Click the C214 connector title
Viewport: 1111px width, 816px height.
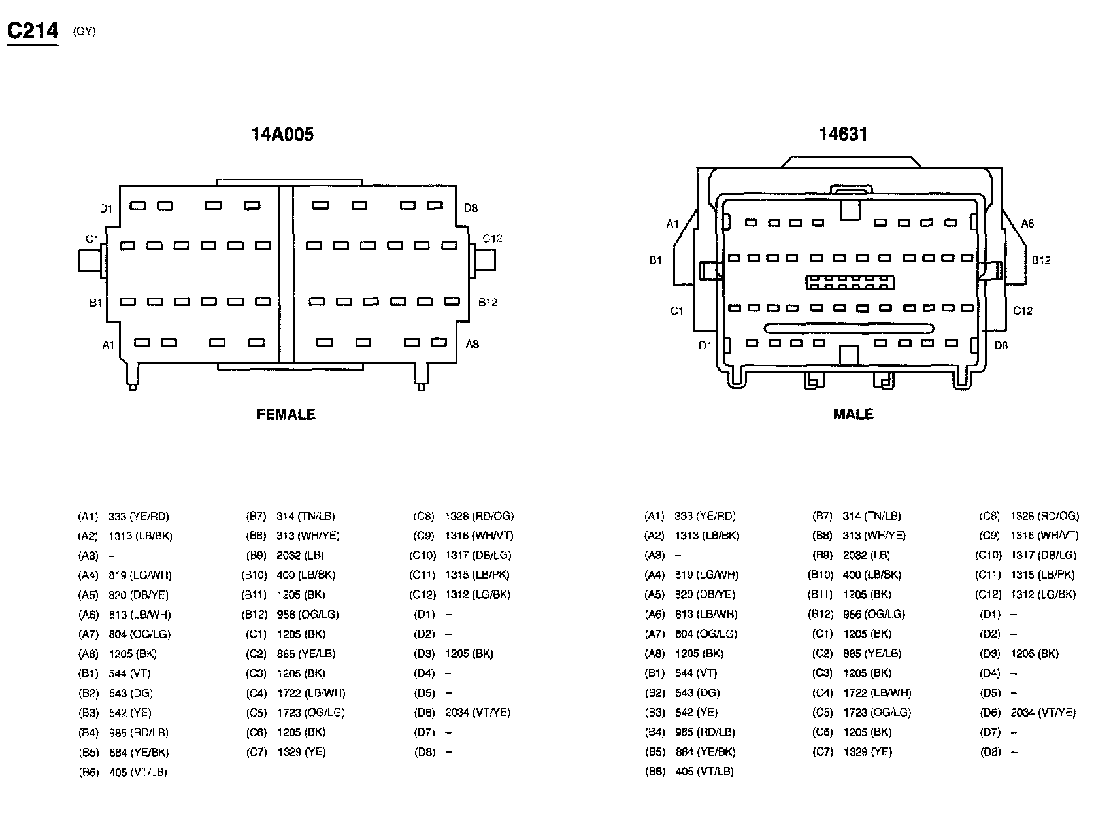click(x=33, y=31)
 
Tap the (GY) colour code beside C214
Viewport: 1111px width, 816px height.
click(x=85, y=31)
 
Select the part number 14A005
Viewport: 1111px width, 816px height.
click(x=282, y=135)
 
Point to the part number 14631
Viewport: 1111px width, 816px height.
click(x=843, y=135)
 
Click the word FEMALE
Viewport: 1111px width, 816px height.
click(x=286, y=415)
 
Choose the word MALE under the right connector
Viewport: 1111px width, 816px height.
click(x=853, y=415)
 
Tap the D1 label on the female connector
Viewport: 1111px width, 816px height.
click(x=106, y=209)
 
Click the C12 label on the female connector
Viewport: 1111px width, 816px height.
click(x=492, y=239)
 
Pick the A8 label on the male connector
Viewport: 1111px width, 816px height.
click(x=1027, y=224)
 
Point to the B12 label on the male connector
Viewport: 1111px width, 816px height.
click(x=1041, y=260)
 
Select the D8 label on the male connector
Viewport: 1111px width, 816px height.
click(x=1001, y=345)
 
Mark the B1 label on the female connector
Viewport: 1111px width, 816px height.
click(x=96, y=303)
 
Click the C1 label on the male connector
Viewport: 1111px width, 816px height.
click(x=676, y=311)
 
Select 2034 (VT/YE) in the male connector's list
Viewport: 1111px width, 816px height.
click(x=1042, y=713)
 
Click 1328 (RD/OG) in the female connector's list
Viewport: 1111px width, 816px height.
click(x=479, y=517)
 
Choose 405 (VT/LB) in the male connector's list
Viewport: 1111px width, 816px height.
click(x=705, y=772)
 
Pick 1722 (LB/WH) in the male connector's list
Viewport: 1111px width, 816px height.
click(x=877, y=693)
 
